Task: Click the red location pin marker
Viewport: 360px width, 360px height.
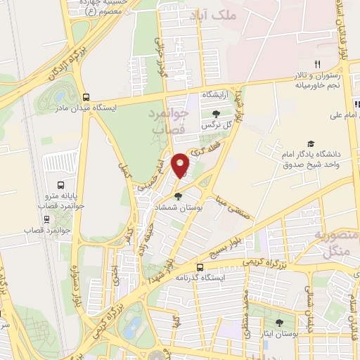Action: pos(181,165)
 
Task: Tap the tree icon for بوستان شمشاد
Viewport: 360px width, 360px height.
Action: pos(179,196)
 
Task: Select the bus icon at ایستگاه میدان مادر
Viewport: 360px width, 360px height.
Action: pos(86,98)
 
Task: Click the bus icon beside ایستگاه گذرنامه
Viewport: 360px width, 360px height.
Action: pos(200,267)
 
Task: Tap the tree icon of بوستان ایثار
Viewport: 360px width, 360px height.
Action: pos(280,323)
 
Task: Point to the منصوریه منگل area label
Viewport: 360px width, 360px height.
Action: pos(336,242)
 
